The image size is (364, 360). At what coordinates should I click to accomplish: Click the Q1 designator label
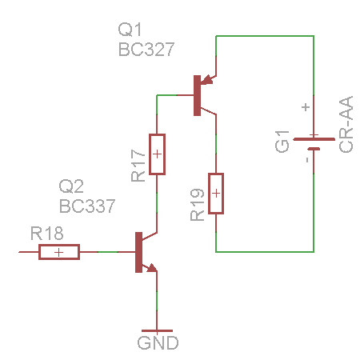click(x=130, y=30)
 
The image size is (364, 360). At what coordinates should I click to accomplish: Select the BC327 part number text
click(x=146, y=50)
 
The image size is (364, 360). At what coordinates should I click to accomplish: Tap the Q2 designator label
click(x=71, y=186)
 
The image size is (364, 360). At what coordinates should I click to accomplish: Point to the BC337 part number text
click(x=87, y=206)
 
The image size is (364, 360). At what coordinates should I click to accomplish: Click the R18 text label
click(x=47, y=234)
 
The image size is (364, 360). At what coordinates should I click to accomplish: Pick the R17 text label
click(x=138, y=166)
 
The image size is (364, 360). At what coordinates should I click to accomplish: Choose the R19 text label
click(x=198, y=205)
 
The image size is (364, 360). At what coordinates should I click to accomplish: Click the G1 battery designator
click(x=282, y=142)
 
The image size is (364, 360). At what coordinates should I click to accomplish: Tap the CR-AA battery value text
click(x=346, y=124)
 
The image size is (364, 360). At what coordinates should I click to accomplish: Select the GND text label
click(x=158, y=343)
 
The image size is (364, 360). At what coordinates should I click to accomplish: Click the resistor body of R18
click(x=59, y=252)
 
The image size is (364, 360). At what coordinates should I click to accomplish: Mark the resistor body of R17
click(x=157, y=154)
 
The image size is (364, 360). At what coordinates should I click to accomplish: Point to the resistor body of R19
click(x=216, y=194)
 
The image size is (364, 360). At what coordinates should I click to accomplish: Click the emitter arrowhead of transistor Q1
click(x=206, y=80)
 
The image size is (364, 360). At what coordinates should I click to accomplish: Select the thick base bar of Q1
click(x=197, y=95)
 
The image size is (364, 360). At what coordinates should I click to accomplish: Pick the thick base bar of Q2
click(x=138, y=252)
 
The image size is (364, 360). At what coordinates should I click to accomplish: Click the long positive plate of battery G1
click(x=314, y=139)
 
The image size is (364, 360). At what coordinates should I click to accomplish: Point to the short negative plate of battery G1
click(x=314, y=149)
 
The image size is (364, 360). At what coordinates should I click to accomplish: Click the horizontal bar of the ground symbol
click(x=157, y=331)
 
